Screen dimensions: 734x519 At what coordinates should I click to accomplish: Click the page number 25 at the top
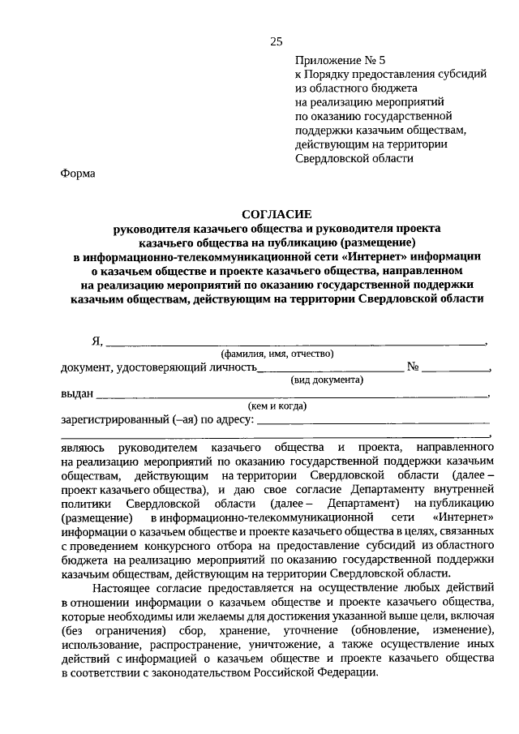[276, 41]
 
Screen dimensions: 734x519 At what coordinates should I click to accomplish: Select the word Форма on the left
[78, 173]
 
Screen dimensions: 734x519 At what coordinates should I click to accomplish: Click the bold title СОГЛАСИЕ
[277, 215]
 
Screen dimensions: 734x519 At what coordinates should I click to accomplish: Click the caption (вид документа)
[327, 380]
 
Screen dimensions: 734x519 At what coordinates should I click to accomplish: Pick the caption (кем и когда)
[277, 406]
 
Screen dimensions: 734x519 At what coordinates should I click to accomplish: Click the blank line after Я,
[296, 342]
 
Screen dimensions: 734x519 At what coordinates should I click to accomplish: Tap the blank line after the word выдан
[292, 395]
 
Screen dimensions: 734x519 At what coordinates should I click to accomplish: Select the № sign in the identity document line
[414, 367]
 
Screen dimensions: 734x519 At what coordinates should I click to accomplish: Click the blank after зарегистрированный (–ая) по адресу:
[373, 421]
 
